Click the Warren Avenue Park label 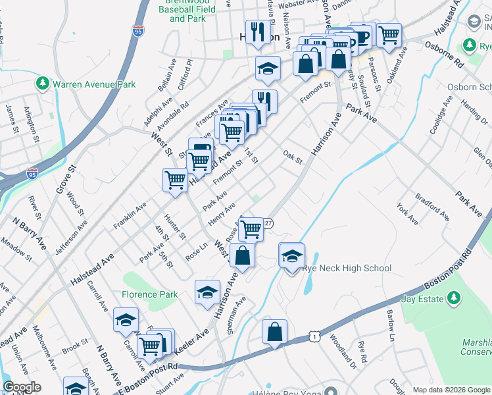click(x=94, y=84)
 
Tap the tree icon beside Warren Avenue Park click(x=43, y=84)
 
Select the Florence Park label click(x=149, y=294)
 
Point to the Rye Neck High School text click(x=347, y=268)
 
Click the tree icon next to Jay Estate click(x=453, y=299)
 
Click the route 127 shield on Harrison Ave click(x=268, y=223)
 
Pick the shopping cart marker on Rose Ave click(x=251, y=230)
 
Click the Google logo click(x=22, y=387)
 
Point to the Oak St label click(x=292, y=159)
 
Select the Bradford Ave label click(x=432, y=207)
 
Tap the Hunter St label click(x=176, y=226)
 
